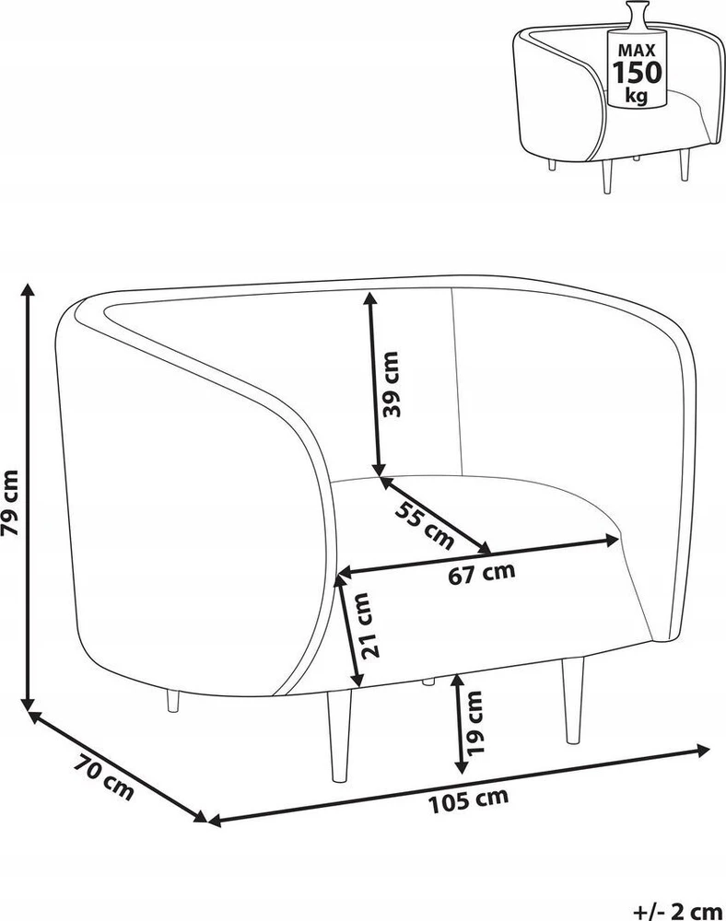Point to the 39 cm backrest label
tap(390, 384)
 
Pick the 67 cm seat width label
tap(482, 573)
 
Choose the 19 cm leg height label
tap(473, 722)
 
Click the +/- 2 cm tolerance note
tap(678, 912)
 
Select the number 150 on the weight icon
tap(638, 72)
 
